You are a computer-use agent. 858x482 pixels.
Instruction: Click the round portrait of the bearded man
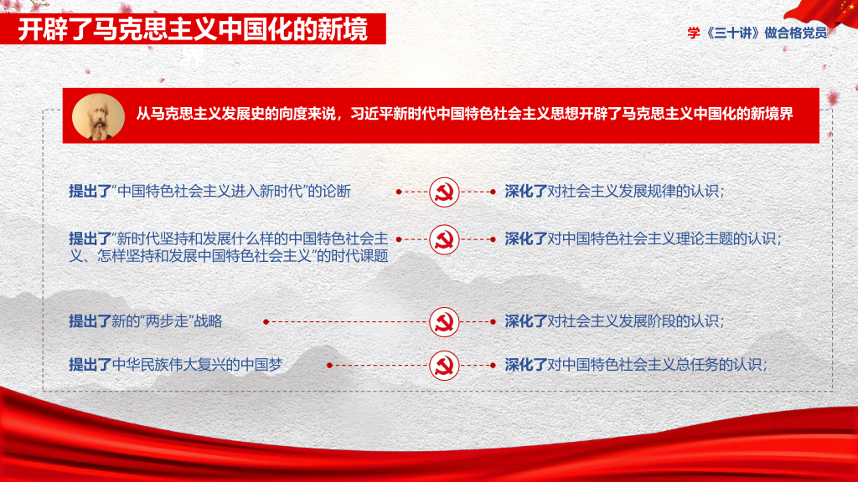(x=99, y=117)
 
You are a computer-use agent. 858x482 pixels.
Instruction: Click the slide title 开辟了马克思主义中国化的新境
(x=193, y=29)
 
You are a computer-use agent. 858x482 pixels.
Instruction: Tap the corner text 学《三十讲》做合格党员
(x=757, y=33)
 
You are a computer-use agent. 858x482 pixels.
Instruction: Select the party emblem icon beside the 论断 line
(x=444, y=192)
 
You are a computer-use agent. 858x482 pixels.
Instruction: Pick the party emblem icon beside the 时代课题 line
(x=444, y=239)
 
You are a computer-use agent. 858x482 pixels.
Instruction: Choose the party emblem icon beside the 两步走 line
(x=444, y=322)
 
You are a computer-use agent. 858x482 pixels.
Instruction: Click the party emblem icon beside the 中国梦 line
(x=444, y=365)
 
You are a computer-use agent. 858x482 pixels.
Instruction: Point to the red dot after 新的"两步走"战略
(x=266, y=322)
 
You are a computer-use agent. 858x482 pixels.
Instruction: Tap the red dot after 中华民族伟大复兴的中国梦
(x=329, y=365)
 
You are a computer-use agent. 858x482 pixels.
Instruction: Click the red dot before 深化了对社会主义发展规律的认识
(x=493, y=192)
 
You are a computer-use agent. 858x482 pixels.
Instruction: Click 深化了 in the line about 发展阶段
(x=526, y=321)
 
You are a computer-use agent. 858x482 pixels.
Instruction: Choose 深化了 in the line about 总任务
(x=526, y=365)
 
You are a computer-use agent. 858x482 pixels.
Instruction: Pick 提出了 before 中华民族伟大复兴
(x=90, y=365)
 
